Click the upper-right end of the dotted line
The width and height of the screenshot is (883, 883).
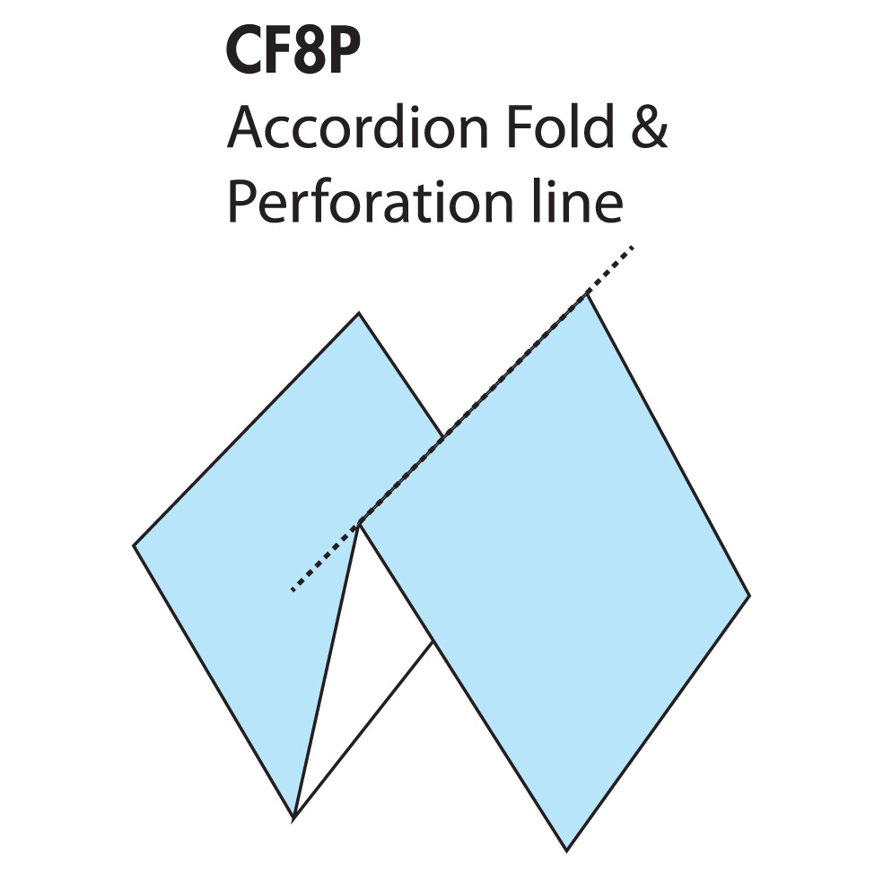tap(634, 247)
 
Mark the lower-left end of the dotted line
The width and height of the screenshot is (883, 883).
tap(292, 590)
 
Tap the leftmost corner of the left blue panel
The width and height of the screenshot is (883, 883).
tap(134, 545)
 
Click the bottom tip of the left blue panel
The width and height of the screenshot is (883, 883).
tap(293, 817)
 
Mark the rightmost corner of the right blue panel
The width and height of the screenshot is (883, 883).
tap(749, 595)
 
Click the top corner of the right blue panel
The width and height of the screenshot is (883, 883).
tap(588, 294)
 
